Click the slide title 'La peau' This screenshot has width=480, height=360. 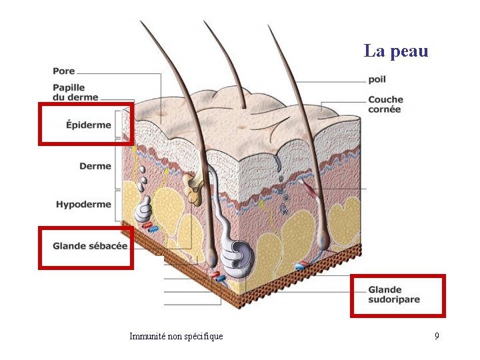click(x=395, y=51)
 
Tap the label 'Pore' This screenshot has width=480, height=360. click(x=64, y=71)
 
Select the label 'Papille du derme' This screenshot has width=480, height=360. click(x=75, y=92)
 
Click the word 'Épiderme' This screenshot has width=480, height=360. click(x=89, y=125)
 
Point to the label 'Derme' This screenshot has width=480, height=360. click(x=95, y=166)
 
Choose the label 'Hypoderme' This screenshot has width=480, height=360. click(x=83, y=205)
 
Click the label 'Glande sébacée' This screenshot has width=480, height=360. click(x=90, y=246)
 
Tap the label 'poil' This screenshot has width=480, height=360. click(x=377, y=79)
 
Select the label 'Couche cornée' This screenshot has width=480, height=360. click(x=385, y=105)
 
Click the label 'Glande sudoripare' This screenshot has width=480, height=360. click(x=394, y=295)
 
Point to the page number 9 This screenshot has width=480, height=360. click(x=437, y=336)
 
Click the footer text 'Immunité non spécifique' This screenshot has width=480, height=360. click(x=176, y=336)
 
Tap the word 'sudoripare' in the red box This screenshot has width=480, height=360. click(x=394, y=300)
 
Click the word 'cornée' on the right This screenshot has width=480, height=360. click(x=385, y=109)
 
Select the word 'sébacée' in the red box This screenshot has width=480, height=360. click(x=108, y=246)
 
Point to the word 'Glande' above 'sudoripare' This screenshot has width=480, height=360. click(x=385, y=290)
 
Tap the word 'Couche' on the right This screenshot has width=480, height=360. click(x=385, y=100)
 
